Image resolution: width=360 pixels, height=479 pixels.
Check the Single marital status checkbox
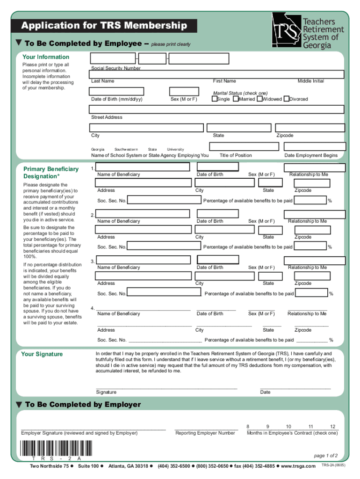tap(214, 99)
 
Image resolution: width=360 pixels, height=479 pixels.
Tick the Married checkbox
tap(236, 99)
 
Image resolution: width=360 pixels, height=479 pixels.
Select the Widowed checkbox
tap(259, 99)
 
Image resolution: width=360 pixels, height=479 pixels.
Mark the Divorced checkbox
tap(286, 99)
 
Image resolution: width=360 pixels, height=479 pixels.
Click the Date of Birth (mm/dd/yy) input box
tap(117, 92)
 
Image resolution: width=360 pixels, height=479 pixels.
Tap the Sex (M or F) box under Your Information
tap(184, 92)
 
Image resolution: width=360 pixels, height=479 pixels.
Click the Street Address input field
tap(217, 109)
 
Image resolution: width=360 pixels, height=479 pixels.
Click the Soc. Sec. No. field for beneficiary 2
tap(164, 247)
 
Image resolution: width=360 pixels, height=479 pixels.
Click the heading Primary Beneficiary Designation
tap(45, 173)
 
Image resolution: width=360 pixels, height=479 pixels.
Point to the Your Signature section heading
tap(42, 354)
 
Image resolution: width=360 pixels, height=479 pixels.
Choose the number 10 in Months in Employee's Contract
tap(288, 427)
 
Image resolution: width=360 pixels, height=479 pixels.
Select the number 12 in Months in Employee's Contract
tap(332, 427)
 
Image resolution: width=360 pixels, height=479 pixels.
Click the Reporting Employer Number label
tap(205, 433)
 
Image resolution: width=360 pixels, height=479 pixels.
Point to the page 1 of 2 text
tap(325, 456)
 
